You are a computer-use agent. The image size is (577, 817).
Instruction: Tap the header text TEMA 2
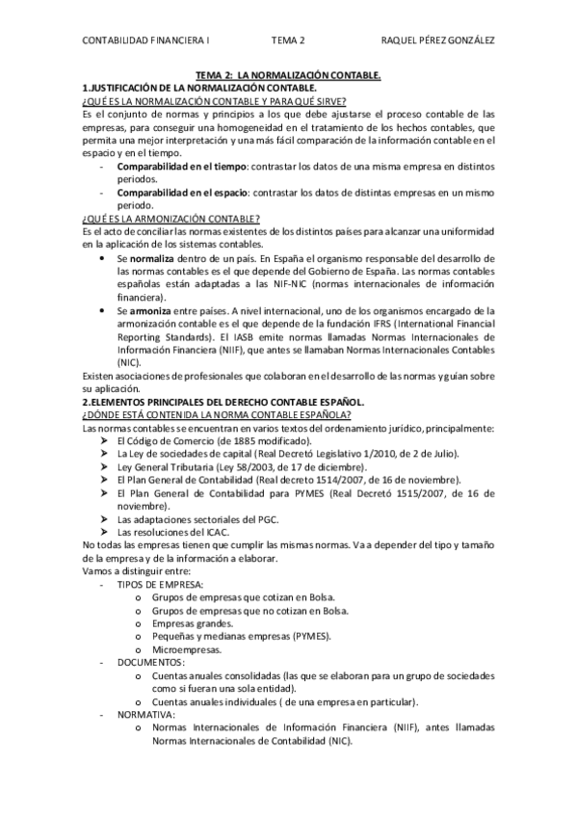pyautogui.click(x=288, y=40)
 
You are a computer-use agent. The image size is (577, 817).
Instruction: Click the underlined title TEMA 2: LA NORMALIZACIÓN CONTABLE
pyautogui.click(x=288, y=74)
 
